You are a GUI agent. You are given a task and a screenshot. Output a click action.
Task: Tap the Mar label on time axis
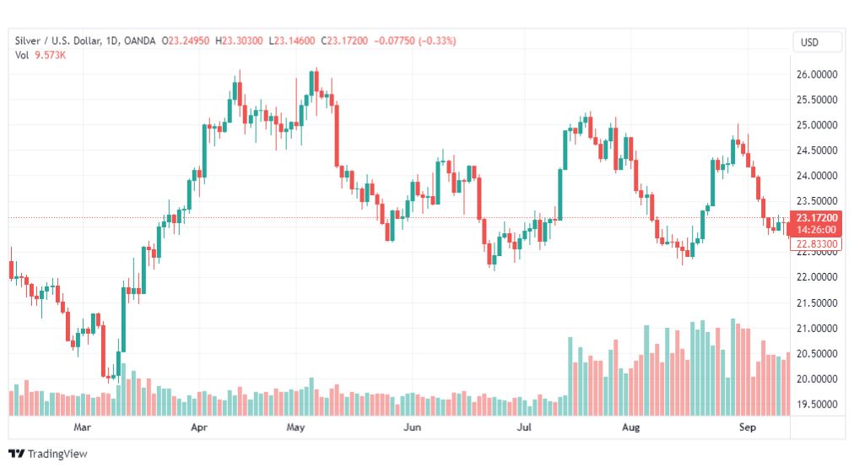[81, 428]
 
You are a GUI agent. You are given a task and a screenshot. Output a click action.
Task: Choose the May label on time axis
[295, 428]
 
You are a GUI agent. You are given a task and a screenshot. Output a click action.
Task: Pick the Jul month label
[525, 428]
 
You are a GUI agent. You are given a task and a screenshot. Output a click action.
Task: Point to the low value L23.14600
[293, 41]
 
